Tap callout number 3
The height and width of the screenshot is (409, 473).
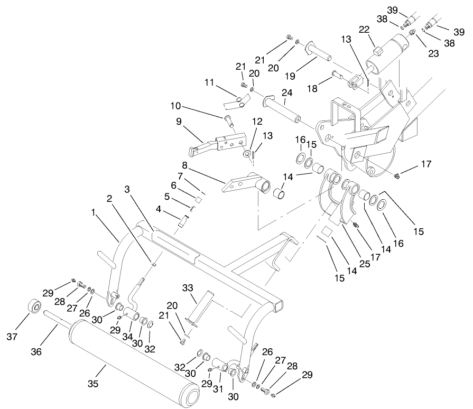pyautogui.click(x=127, y=189)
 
